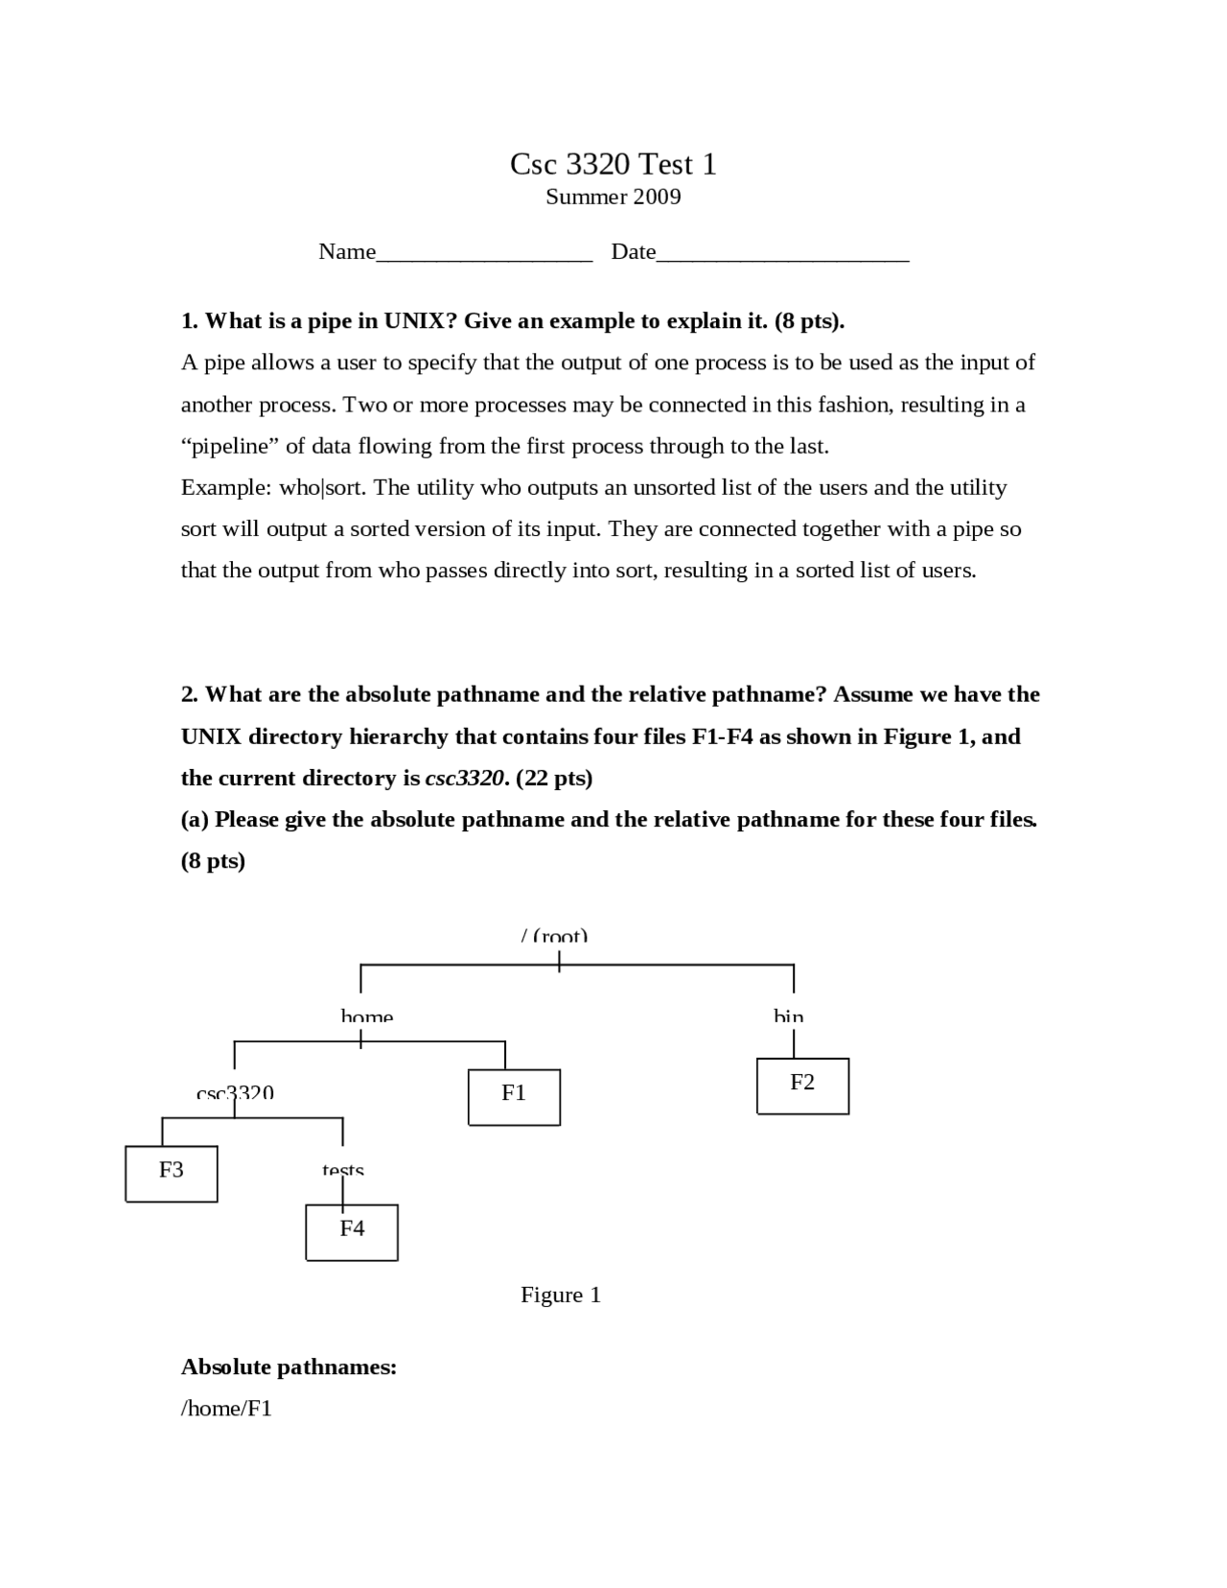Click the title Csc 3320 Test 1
coord(613,164)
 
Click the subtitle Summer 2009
coord(613,197)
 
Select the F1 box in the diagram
coord(514,1097)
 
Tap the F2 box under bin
coord(802,1086)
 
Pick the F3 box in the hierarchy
coord(172,1173)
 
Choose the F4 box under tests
coord(352,1231)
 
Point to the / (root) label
coord(554,936)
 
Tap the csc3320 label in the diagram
coord(235,1093)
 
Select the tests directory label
coord(343,1171)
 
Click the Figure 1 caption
coord(561,1295)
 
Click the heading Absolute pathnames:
coord(289,1366)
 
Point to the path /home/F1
coord(226,1409)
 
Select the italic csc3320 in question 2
coord(465,778)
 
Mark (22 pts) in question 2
coord(554,778)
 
